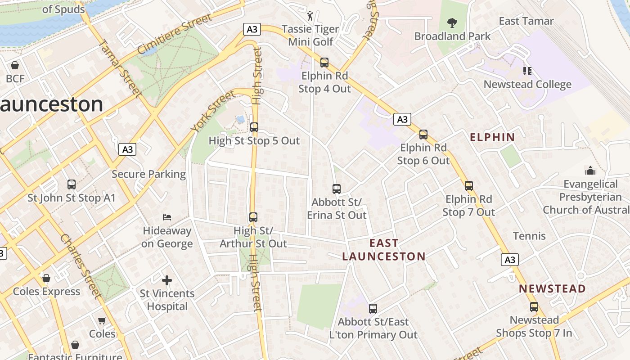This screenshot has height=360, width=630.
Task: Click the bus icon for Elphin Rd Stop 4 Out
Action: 324,63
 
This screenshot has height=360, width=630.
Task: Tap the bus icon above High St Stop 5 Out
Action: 254,127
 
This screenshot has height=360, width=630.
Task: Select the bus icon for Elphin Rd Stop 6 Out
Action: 423,134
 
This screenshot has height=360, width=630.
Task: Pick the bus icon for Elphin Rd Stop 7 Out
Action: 469,185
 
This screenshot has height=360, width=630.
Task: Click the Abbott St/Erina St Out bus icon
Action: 337,189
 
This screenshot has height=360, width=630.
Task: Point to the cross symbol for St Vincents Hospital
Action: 167,281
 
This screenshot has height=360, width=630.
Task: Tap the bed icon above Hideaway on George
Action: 167,217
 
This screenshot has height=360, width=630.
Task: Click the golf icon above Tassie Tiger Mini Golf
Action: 310,16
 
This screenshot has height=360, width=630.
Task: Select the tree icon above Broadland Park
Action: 452,22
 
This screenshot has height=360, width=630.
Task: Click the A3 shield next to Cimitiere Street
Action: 252,30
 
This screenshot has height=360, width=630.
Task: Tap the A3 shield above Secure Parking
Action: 128,149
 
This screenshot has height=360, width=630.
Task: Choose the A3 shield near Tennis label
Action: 509,260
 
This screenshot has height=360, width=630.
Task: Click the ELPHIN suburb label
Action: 492,138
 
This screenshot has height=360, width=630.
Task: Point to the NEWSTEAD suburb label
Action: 552,289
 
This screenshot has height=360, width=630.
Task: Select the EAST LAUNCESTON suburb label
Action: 384,250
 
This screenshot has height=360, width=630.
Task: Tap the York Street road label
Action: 212,111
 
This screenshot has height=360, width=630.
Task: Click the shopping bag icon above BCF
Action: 15,66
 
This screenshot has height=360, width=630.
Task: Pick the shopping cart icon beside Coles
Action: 102,320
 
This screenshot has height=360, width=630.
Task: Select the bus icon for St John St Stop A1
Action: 72,184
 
